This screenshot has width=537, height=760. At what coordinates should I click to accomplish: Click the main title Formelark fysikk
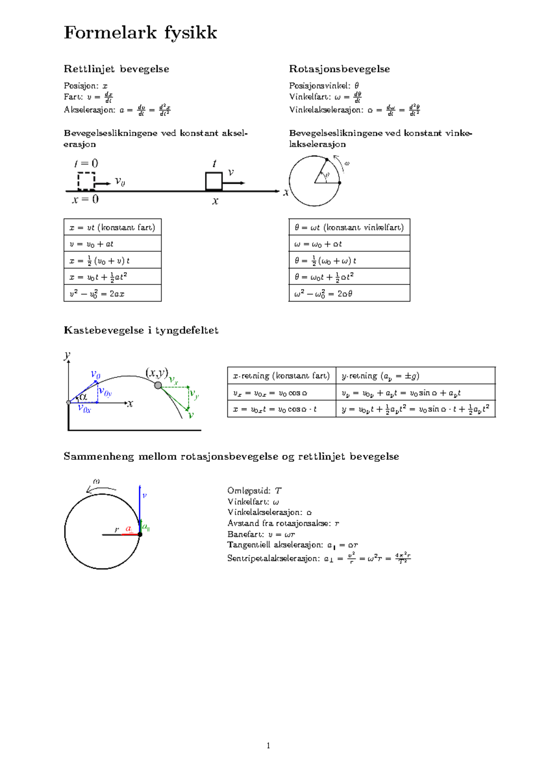tap(140, 33)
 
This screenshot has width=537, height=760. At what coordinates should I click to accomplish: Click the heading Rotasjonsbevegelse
tap(339, 69)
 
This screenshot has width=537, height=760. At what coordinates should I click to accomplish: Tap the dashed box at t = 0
tap(86, 181)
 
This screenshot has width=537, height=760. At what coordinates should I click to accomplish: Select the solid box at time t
tap(213, 181)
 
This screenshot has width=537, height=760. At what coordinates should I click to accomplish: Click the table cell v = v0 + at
tap(112, 244)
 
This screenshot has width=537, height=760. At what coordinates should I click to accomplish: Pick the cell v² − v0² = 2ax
tap(112, 294)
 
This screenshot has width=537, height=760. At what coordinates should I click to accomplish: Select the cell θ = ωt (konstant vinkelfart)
tap(349, 227)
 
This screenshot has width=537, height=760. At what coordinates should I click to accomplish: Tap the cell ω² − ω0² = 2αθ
tap(349, 294)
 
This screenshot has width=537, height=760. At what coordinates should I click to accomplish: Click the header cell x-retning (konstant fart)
tap(281, 376)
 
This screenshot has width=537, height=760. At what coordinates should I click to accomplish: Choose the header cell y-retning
tap(415, 376)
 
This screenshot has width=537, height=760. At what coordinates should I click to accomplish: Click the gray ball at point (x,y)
tap(158, 385)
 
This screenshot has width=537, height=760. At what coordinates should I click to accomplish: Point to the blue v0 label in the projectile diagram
tap(95, 374)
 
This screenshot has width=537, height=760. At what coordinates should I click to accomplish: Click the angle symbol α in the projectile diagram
tap(83, 397)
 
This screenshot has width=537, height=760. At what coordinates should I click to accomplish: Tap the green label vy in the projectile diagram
tap(194, 395)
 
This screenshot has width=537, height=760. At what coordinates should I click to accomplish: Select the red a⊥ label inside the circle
tap(129, 529)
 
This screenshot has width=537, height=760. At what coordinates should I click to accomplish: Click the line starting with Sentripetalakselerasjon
tap(319, 558)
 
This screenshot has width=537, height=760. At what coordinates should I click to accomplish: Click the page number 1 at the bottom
tap(268, 746)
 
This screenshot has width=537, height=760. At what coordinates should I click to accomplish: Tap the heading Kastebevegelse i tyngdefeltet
tap(141, 331)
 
